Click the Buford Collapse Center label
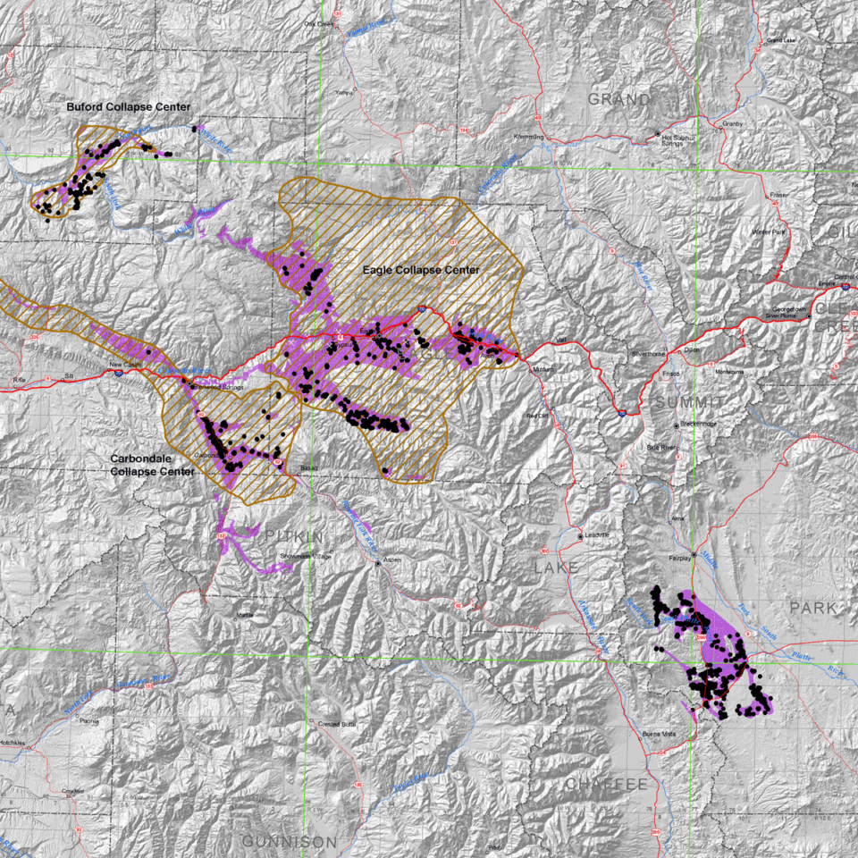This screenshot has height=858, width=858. (x=128, y=107)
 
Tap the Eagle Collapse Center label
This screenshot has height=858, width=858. (x=421, y=270)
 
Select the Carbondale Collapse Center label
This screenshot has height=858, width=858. (x=152, y=465)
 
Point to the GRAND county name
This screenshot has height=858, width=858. (x=618, y=98)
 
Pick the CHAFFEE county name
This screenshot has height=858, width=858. (x=606, y=784)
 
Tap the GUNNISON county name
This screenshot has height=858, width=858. (x=290, y=842)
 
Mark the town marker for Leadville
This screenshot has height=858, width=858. (x=581, y=536)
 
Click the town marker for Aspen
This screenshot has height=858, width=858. (x=377, y=563)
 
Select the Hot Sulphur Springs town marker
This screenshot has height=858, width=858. (x=657, y=136)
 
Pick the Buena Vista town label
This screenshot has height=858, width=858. (x=660, y=734)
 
